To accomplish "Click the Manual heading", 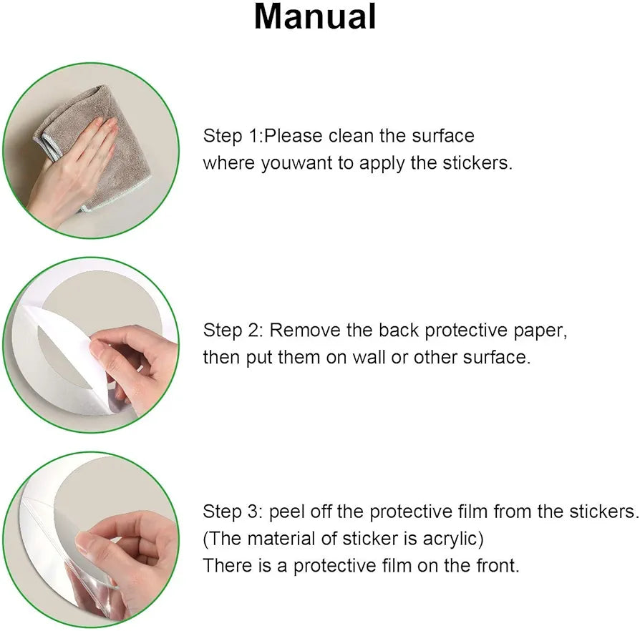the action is [x=315, y=16].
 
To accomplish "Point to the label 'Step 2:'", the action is [x=233, y=330].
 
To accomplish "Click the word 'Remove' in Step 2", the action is [x=305, y=330].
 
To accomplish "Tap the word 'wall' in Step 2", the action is [x=369, y=357].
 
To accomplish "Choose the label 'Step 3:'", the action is [x=233, y=512].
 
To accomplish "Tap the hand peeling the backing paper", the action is [x=135, y=367].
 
